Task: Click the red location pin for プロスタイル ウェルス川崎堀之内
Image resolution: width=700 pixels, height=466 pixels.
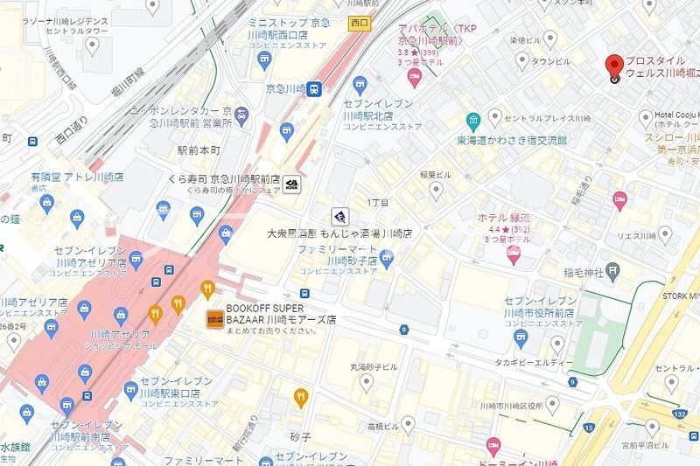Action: (x=614, y=67)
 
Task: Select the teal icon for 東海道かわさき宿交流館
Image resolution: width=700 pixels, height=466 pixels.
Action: (x=472, y=120)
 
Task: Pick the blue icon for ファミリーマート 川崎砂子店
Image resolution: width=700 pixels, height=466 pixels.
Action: (x=387, y=256)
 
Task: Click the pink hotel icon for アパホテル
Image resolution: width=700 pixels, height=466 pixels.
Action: (x=415, y=79)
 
